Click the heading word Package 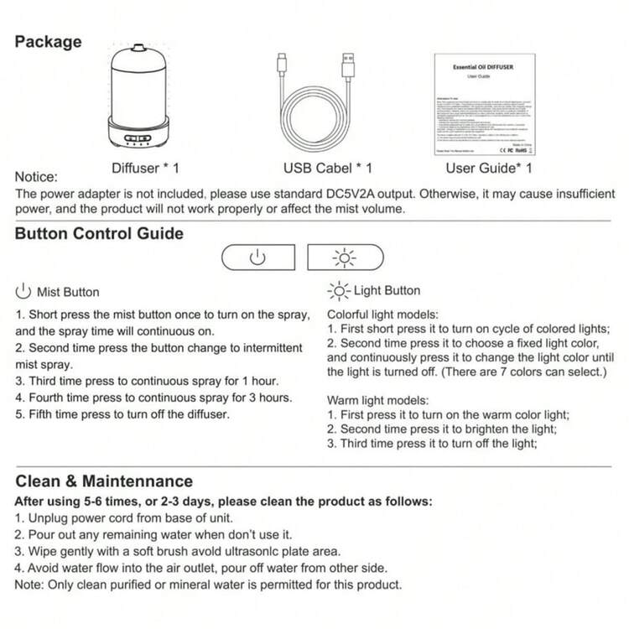pyautogui.click(x=49, y=42)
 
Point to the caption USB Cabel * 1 pyautogui.click(x=328, y=168)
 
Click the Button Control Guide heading pyautogui.click(x=99, y=234)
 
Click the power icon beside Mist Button pyautogui.click(x=23, y=292)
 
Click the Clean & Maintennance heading pyautogui.click(x=104, y=481)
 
